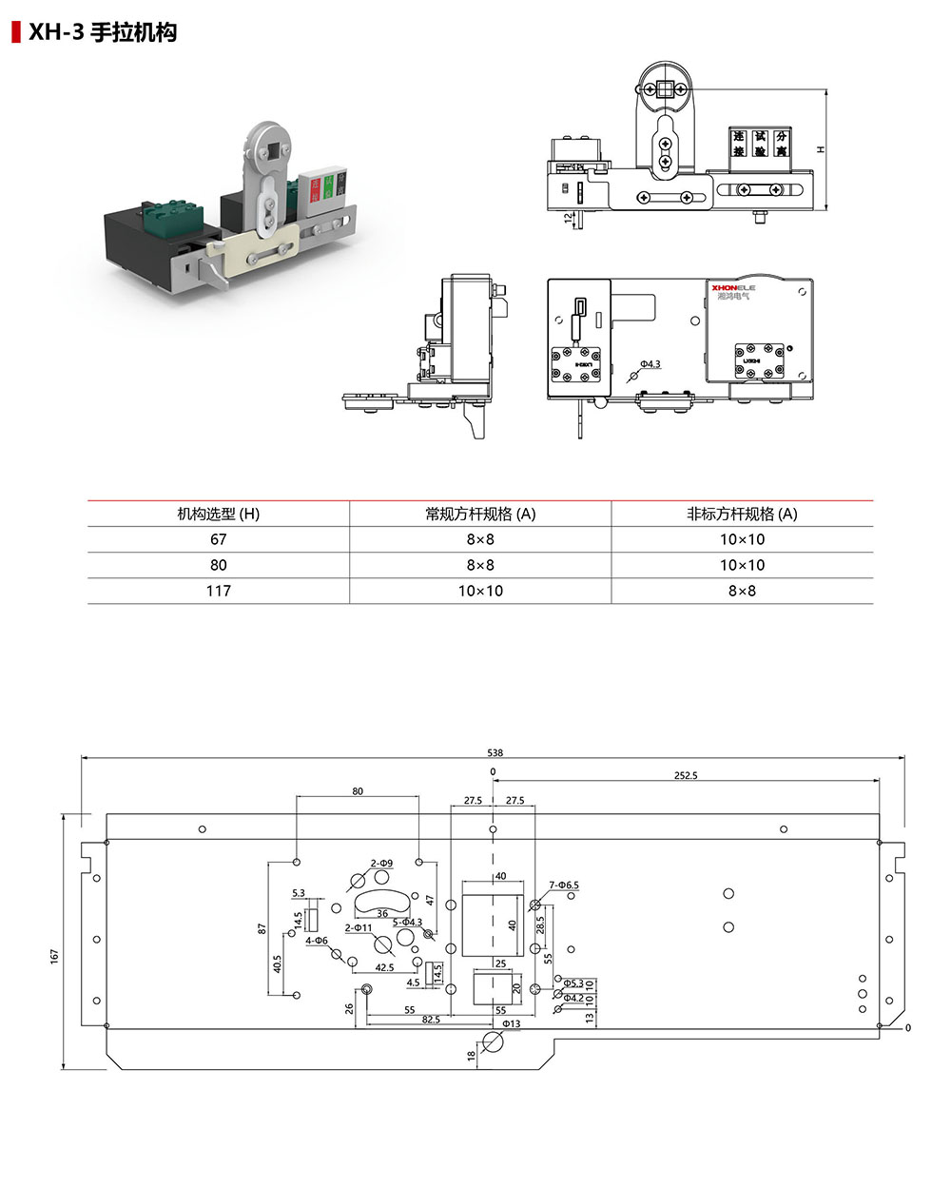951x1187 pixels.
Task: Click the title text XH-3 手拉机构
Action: coord(102,32)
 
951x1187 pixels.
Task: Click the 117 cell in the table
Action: coord(219,591)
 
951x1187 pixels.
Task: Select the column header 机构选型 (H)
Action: coord(219,514)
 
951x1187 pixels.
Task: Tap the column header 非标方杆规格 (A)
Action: coord(742,514)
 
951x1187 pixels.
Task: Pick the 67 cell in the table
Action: coord(219,539)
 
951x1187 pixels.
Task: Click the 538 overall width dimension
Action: coord(495,752)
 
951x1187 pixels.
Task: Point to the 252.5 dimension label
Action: coord(686,775)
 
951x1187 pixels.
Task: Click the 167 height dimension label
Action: coord(55,955)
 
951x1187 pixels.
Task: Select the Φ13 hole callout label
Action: coord(511,1023)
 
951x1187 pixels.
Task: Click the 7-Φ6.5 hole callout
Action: coord(563,885)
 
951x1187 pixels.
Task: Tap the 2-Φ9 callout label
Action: coord(381,863)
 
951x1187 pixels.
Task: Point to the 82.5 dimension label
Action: coord(431,1020)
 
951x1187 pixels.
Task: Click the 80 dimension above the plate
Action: coord(358,791)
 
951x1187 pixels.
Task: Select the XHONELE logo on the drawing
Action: coord(733,284)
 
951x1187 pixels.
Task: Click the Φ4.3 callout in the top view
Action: coord(650,364)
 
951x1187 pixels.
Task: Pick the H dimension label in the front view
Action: coord(820,149)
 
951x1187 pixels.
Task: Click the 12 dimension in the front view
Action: coord(569,218)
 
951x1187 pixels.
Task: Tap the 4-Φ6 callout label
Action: coord(317,941)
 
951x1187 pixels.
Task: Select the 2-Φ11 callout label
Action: coord(359,927)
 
